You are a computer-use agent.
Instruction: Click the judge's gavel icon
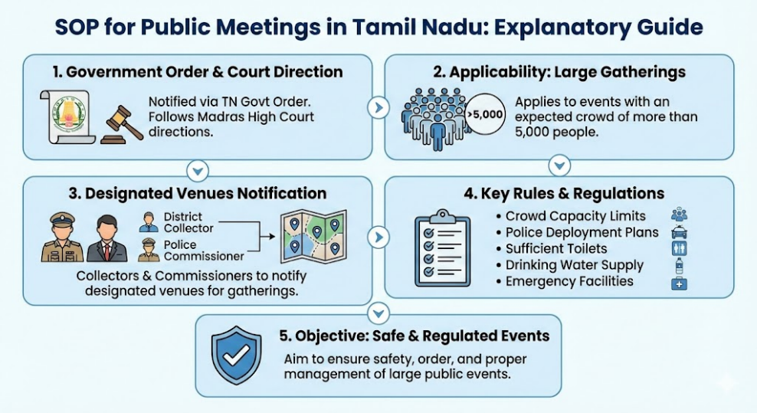tap(122, 125)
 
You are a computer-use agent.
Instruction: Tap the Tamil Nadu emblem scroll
tap(68, 117)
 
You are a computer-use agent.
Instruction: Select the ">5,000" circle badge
tap(485, 114)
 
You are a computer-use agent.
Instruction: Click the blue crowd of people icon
tap(434, 119)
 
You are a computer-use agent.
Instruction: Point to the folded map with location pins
tap(314, 236)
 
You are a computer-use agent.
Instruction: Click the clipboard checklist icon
tap(442, 247)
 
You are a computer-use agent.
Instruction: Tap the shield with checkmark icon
tap(237, 355)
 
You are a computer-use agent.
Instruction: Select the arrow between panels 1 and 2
tap(378, 108)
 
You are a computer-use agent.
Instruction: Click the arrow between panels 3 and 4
tap(378, 238)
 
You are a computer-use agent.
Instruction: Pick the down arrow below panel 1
tap(198, 171)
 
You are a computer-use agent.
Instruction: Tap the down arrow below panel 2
tap(559, 166)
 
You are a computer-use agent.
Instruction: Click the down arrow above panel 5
tap(378, 314)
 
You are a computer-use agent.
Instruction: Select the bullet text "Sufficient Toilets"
tap(556, 249)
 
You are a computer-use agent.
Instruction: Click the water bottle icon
tap(680, 266)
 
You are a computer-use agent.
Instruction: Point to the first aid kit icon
tap(680, 284)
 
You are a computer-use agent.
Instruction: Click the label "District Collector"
tap(188, 223)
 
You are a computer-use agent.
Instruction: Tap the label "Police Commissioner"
tap(204, 251)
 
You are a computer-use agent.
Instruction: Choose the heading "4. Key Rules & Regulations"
tap(564, 194)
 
